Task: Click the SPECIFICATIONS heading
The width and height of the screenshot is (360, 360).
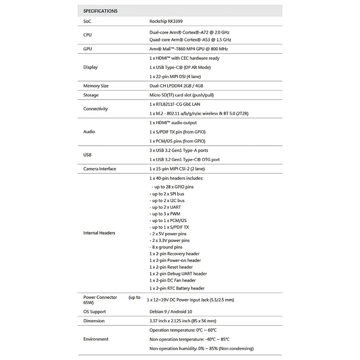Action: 100,11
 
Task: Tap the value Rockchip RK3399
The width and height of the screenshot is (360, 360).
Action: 166,21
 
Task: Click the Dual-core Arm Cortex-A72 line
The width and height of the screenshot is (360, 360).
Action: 189,32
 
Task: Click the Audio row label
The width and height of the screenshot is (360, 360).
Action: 89,132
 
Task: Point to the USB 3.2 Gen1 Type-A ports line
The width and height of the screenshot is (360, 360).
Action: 178,150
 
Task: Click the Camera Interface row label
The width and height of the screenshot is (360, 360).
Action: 99,169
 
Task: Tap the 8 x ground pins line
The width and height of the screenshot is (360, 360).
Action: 166,247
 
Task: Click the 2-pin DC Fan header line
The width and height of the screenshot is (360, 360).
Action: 172,280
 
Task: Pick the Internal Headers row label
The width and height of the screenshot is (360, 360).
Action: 99,233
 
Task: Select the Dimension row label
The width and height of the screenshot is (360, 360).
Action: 94,321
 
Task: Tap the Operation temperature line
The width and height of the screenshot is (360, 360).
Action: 183,330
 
